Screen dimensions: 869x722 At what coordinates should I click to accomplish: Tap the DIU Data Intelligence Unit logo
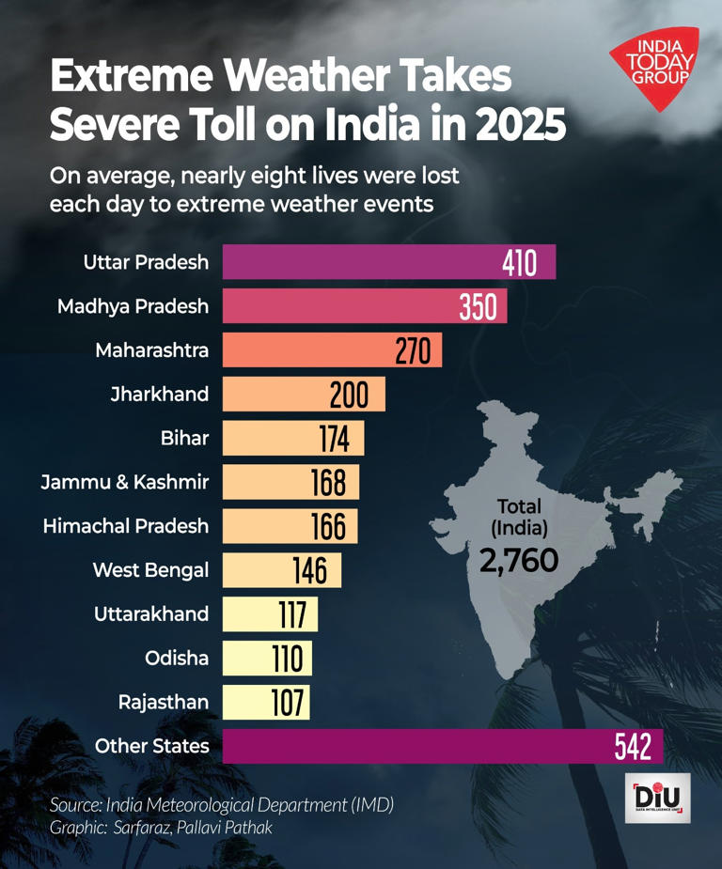pos(657,799)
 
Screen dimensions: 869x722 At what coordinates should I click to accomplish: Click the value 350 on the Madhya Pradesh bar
pos(478,306)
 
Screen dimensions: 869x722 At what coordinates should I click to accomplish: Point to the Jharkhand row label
pos(159,394)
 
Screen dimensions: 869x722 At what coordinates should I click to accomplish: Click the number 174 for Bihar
pos(333,438)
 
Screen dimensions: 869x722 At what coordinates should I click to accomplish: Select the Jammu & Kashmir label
pos(124,483)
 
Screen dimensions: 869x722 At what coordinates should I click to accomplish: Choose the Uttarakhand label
pos(151,614)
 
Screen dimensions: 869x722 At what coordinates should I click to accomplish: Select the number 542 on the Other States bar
pos(633,747)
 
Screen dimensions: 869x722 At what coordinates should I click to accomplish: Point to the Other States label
pos(151,747)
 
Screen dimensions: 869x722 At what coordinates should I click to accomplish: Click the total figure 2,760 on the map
pos(519,561)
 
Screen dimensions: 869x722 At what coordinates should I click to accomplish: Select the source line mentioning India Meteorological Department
pos(221,805)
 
